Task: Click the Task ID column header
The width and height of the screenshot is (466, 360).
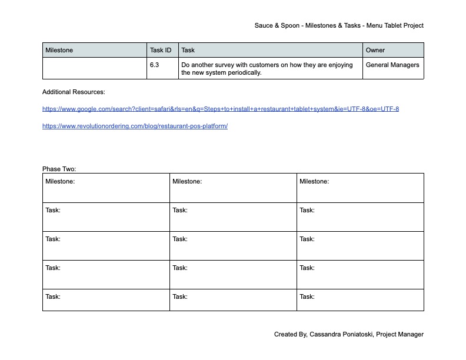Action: (161, 51)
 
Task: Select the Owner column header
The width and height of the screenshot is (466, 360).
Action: (375, 51)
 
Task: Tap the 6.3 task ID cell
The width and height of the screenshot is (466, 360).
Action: (154, 65)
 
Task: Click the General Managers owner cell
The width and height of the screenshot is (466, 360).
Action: (392, 65)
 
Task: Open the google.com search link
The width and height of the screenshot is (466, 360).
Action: (221, 109)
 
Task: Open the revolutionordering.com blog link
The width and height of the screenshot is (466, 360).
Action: (135, 126)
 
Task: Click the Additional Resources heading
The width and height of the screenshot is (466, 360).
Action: (74, 92)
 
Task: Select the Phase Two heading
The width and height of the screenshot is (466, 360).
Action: (59, 169)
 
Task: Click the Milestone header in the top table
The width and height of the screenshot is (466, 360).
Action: (59, 51)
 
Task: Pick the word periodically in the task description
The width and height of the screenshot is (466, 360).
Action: (244, 73)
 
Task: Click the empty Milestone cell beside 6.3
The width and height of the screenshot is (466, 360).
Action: (94, 68)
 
